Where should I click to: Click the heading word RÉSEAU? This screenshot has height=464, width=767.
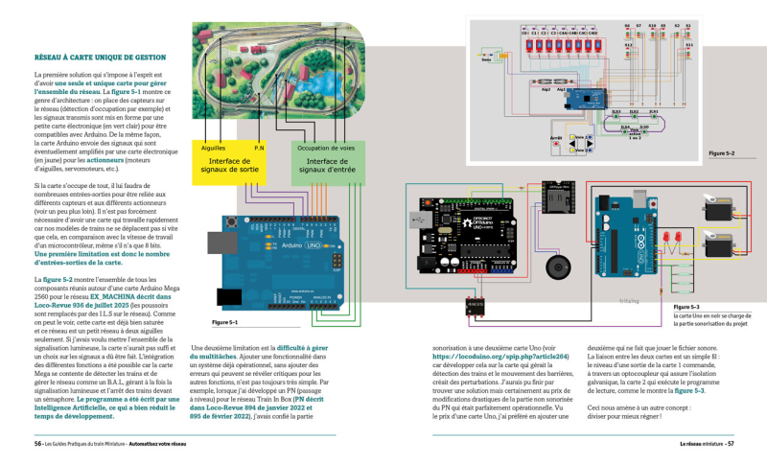(x=50, y=58)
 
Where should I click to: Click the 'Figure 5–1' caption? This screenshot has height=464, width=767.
(x=224, y=323)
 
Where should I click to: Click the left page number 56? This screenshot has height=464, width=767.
(x=37, y=444)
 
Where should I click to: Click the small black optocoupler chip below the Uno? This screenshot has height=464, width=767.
(x=475, y=305)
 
